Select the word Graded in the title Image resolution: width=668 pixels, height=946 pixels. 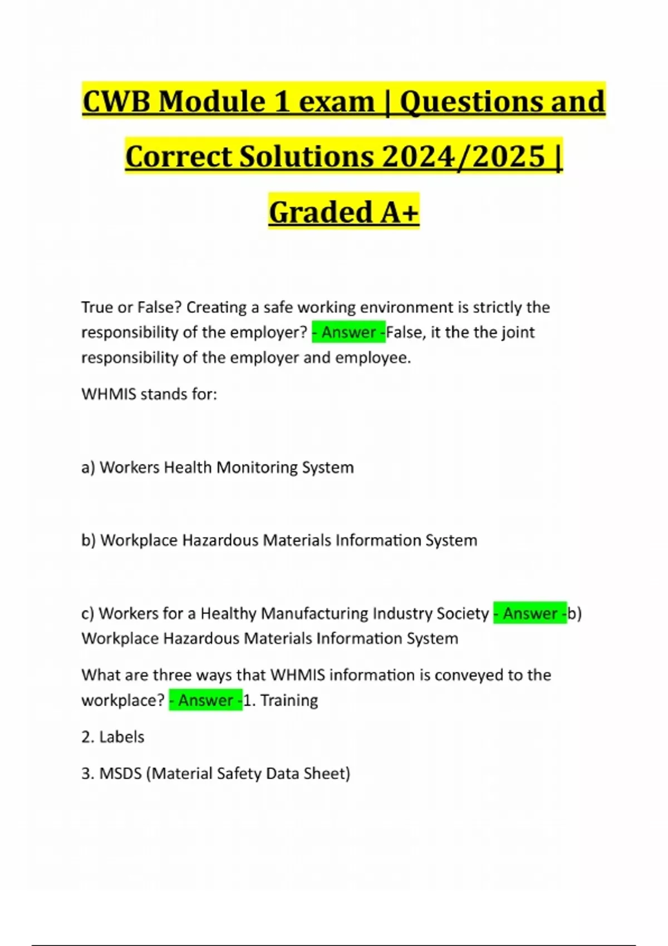click(x=321, y=212)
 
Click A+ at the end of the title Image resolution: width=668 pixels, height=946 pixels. click(x=400, y=212)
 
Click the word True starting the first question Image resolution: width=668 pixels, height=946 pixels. click(x=96, y=307)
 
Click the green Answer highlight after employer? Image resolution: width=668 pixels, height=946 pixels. click(x=348, y=332)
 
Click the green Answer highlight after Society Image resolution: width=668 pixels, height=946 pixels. click(x=530, y=613)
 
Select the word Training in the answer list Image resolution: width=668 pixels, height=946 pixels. click(x=289, y=700)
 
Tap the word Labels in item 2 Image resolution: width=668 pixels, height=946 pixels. click(x=121, y=737)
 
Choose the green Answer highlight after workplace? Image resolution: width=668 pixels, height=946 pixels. click(x=205, y=700)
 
